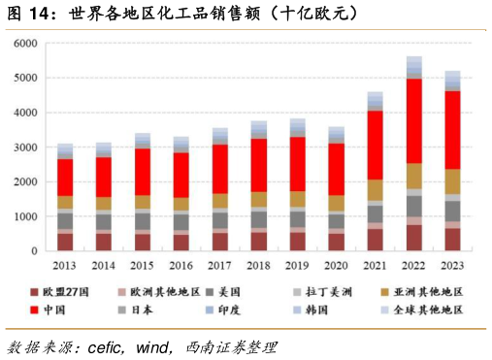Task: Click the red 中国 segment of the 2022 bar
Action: [x=414, y=121]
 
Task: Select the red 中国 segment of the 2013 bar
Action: [x=65, y=178]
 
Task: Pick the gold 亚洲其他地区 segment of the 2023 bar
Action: [x=452, y=182]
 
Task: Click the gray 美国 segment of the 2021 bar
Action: [x=376, y=213]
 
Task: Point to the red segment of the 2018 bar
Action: [x=259, y=165]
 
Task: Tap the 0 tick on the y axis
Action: [x=33, y=251]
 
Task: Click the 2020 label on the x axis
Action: [x=337, y=264]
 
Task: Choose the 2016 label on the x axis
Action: [x=181, y=264]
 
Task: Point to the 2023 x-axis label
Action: [x=452, y=264]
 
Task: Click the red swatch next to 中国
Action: [x=35, y=311]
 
